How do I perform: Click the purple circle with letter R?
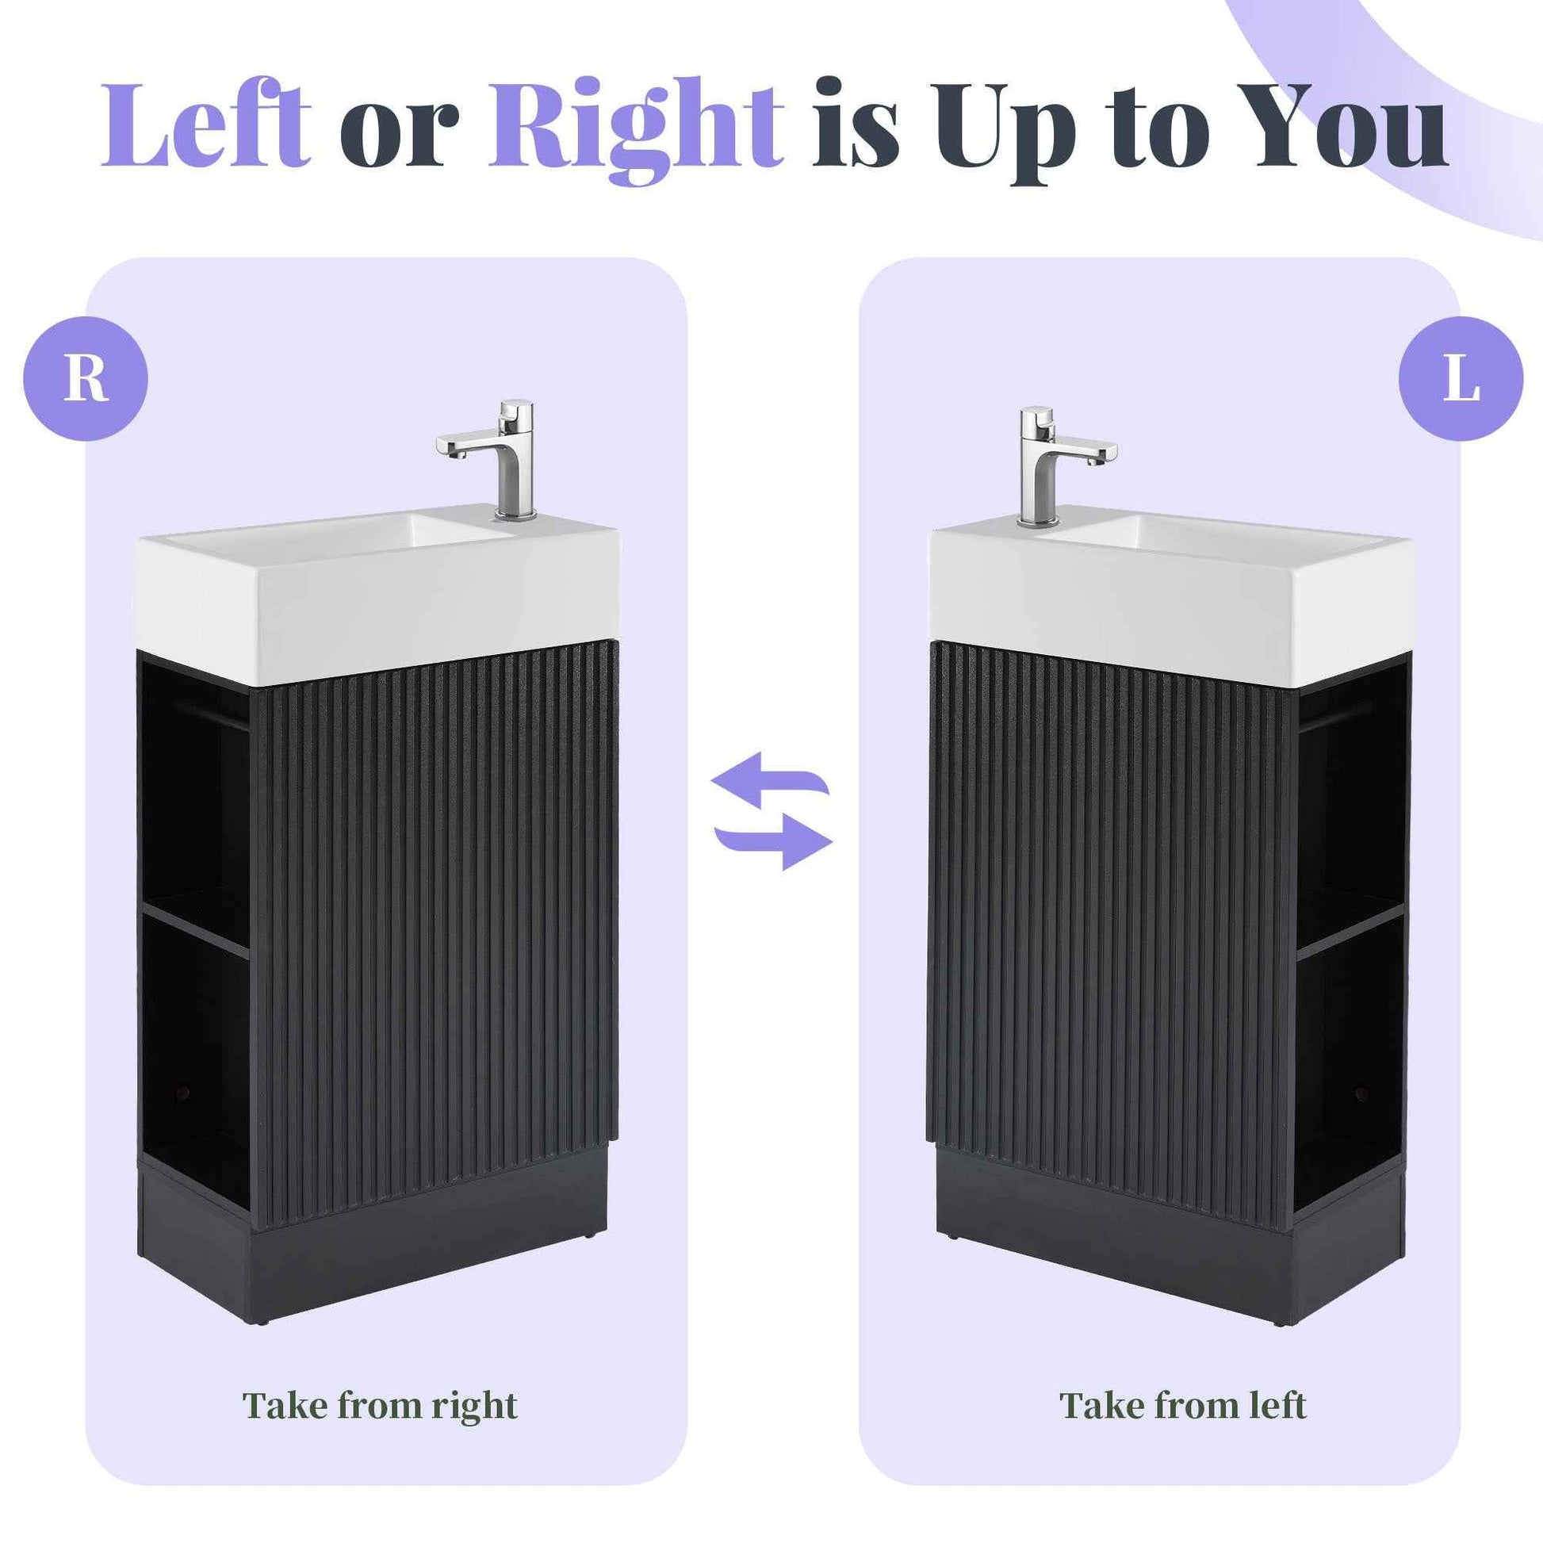(x=86, y=378)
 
